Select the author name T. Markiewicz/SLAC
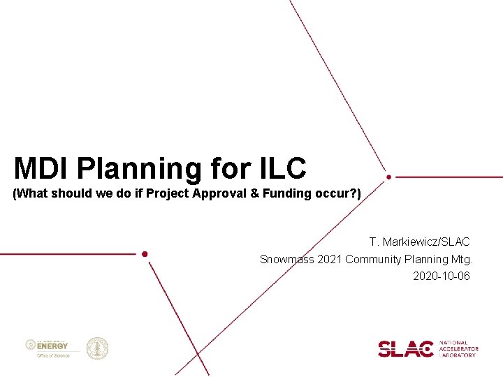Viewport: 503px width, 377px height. coord(420,242)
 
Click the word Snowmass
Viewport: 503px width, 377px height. coord(286,260)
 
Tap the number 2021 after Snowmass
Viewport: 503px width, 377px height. coord(330,260)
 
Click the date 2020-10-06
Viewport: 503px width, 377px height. coord(442,276)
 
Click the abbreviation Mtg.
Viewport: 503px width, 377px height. coord(462,260)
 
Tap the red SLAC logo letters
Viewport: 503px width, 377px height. coord(405,348)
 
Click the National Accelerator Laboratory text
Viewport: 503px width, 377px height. coord(458,348)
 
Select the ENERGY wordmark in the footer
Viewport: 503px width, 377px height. coord(53,346)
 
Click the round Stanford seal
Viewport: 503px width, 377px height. coord(97,348)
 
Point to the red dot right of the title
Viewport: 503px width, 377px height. coord(389,177)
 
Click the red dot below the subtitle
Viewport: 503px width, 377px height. coord(145,254)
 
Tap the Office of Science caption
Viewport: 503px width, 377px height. coord(53,355)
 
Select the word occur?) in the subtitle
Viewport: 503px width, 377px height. coord(343,193)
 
